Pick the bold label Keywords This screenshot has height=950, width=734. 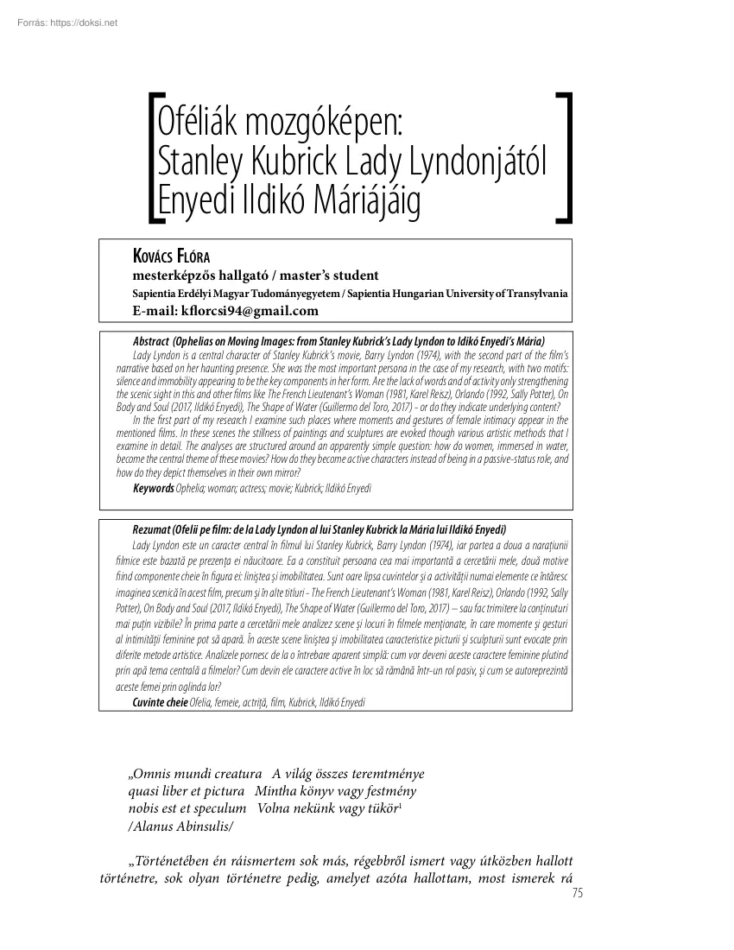point(153,489)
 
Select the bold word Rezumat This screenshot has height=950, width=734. point(152,529)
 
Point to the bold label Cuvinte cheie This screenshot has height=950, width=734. point(160,702)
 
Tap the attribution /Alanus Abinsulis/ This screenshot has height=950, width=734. point(180,825)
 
